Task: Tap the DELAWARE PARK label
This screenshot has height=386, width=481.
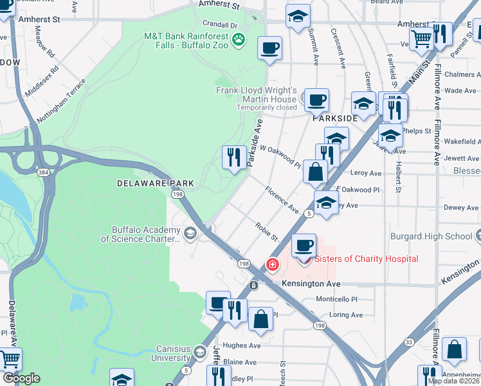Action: click(147, 183)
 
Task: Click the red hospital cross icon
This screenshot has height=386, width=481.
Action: click(272, 264)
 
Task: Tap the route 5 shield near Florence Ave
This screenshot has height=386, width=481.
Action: click(309, 213)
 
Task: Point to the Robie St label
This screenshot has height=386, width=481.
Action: click(266, 232)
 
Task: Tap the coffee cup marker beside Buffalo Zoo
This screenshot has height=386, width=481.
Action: click(269, 47)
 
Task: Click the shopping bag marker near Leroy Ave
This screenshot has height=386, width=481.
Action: click(315, 172)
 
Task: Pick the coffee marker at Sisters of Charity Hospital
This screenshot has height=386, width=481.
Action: click(304, 245)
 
